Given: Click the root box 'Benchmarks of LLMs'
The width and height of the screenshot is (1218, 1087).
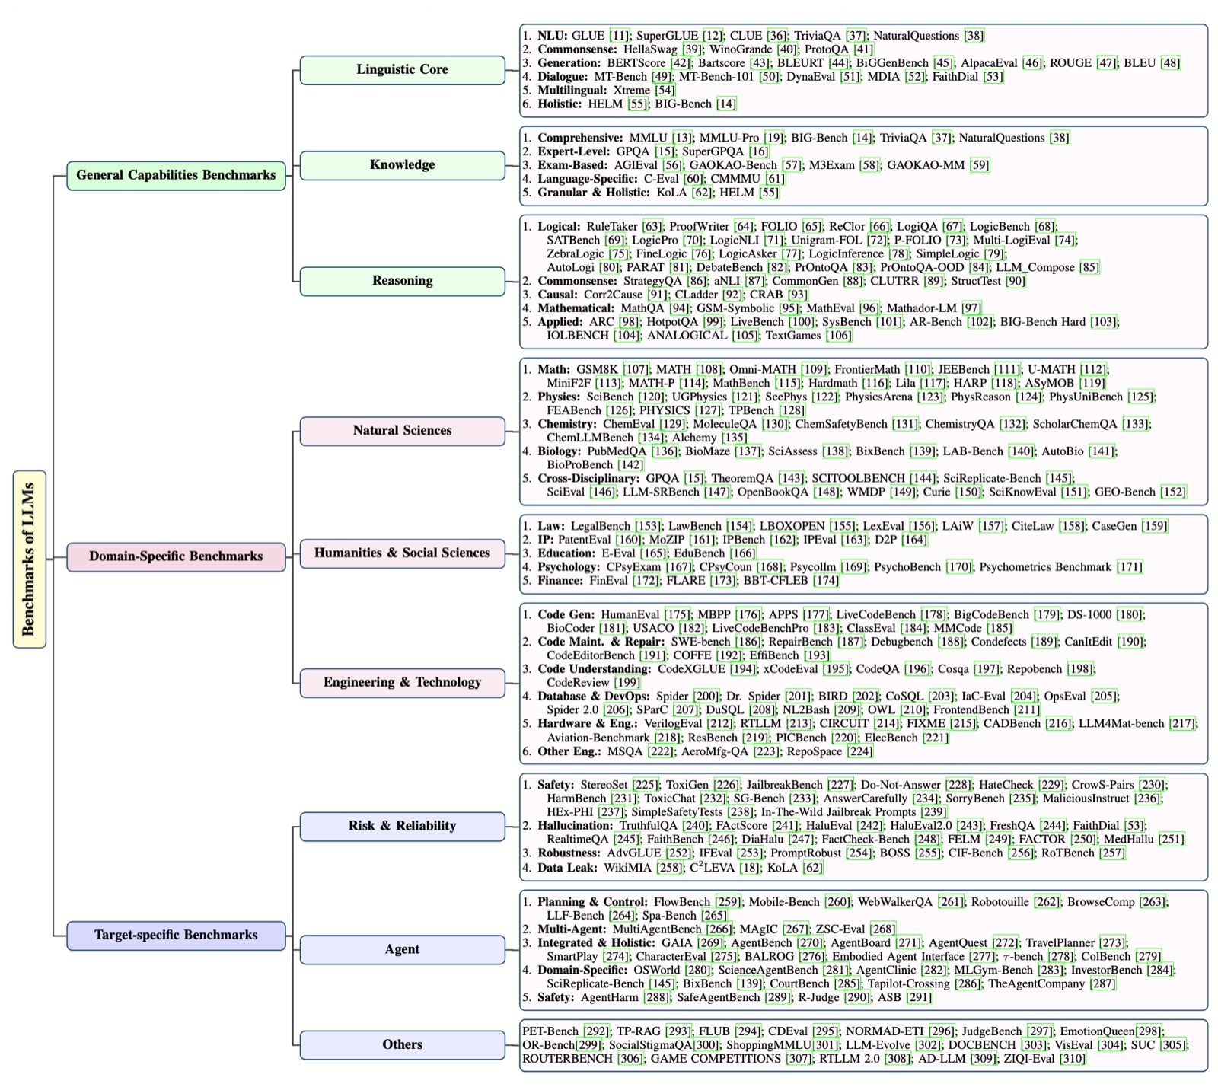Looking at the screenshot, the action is point(30,559).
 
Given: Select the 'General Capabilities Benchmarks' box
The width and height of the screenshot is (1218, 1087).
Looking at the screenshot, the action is point(176,175).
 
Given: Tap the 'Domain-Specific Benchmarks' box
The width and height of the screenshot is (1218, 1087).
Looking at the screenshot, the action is point(176,556).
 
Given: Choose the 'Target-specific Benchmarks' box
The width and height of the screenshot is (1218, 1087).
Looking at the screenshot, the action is point(176,935).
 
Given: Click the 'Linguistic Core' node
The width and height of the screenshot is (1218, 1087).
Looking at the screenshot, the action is point(402,69).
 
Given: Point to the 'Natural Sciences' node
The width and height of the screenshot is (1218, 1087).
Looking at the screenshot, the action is point(402,431).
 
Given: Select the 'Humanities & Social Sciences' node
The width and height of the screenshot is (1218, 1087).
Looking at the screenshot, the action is point(402,553).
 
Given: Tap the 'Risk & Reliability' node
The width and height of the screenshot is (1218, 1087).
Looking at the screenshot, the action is point(402,826).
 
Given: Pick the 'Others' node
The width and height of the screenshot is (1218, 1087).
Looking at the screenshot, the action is point(402,1044).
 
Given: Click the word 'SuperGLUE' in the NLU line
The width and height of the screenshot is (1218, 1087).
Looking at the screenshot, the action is point(667,36).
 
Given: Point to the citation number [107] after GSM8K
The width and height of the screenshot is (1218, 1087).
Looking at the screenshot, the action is point(636,370).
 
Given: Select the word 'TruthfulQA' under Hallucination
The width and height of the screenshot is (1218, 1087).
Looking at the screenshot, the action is point(648,826).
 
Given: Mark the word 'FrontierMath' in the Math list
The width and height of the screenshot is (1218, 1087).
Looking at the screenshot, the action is point(867,370).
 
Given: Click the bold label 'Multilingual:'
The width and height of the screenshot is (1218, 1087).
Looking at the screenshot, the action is point(572,91).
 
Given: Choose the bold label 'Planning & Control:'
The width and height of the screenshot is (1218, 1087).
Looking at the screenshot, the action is point(592,902).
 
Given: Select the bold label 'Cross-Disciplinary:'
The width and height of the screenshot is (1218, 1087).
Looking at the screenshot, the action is point(588,479).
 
